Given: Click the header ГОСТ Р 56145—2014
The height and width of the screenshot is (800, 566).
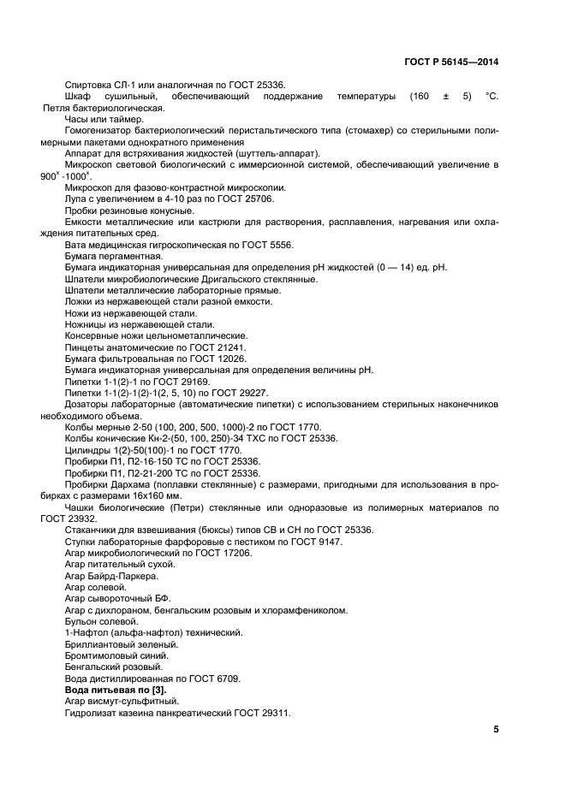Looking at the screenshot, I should pos(450,62).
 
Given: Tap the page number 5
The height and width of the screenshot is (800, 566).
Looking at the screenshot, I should pos(496,729).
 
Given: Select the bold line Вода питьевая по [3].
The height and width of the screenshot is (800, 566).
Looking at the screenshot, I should pos(116,689).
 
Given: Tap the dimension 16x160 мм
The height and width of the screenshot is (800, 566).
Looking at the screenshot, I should pos(155,495).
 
